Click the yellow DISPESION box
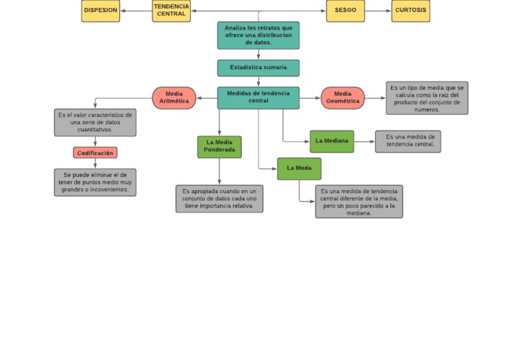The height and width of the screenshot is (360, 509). click(101, 11)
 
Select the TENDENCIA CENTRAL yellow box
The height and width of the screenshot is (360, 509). click(171, 11)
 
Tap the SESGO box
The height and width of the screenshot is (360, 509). click(345, 11)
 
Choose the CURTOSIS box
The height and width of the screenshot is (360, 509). click(410, 11)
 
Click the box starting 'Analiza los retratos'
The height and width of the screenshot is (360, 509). click(258, 35)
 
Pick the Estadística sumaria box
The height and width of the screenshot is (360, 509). click(258, 68)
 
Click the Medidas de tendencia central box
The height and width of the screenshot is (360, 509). click(258, 97)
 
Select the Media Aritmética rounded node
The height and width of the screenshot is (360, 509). click(174, 98)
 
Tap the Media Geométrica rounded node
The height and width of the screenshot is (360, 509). click(343, 98)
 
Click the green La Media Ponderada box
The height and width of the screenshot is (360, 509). click(219, 147)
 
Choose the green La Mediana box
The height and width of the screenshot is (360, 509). click(331, 141)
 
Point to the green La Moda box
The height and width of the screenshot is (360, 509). click(299, 168)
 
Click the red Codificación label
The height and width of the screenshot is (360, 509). click(95, 153)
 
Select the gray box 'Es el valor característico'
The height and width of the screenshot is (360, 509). click(95, 123)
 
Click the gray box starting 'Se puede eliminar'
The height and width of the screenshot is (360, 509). click(95, 182)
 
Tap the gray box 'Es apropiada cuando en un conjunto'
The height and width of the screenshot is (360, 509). click(219, 199)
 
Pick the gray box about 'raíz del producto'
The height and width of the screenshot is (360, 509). click(427, 98)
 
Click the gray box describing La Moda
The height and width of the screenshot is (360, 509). click(359, 202)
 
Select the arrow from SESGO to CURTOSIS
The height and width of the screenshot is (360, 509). click(378, 11)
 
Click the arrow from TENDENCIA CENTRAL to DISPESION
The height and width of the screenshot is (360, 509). click(136, 11)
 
